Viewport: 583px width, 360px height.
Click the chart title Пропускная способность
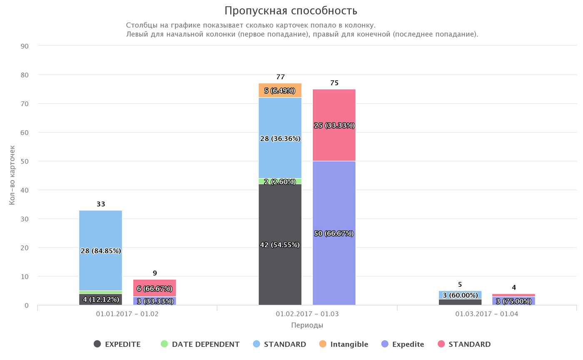[x=291, y=11]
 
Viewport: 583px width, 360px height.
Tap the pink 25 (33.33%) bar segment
[x=334, y=142]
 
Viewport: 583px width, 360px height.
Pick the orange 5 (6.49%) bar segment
[x=280, y=90]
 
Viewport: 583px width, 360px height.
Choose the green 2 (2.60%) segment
[x=280, y=181]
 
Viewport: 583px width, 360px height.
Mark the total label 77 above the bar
[x=280, y=77]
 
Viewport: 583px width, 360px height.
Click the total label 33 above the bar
[x=101, y=204]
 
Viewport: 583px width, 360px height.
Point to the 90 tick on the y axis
[x=24, y=46]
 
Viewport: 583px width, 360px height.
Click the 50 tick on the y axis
[x=24, y=161]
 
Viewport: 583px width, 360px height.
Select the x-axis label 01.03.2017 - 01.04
[x=486, y=314]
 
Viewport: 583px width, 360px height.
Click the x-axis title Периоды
[x=307, y=325]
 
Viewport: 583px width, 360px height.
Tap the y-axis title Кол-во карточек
[x=12, y=175]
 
